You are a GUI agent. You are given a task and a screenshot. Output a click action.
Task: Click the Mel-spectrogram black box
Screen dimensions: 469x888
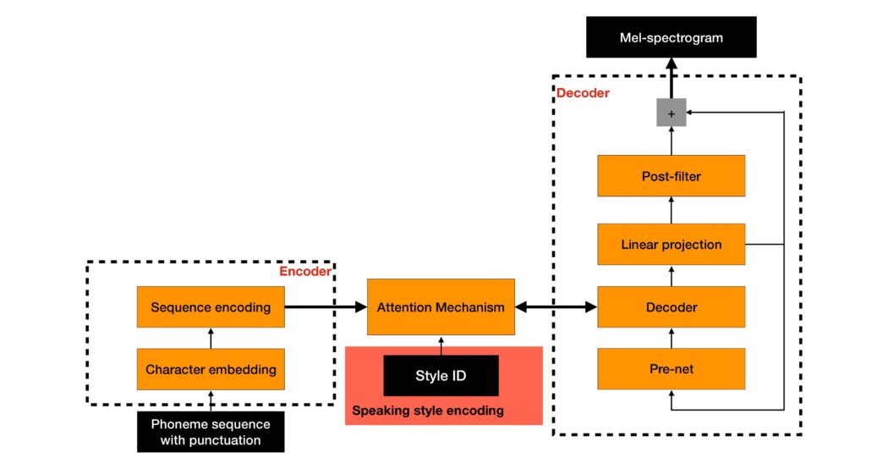click(671, 38)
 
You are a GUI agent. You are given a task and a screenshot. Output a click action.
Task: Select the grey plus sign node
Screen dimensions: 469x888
click(671, 113)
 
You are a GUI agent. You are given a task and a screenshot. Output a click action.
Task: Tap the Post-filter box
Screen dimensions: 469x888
click(671, 176)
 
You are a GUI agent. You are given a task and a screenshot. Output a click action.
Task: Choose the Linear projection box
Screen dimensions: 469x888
click(671, 245)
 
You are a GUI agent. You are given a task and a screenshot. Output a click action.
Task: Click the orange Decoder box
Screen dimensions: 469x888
click(671, 307)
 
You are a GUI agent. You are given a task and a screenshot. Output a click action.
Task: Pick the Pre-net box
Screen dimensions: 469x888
click(671, 370)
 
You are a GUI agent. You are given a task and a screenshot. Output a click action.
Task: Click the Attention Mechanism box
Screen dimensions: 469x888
click(441, 307)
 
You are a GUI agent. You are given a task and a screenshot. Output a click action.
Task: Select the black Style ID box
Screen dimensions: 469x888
click(441, 376)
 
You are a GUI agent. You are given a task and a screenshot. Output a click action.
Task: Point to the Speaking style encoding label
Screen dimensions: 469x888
click(428, 411)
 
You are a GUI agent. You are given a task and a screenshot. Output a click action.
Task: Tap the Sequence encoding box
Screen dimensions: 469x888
click(211, 307)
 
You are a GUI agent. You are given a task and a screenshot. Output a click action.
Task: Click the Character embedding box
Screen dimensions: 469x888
click(211, 369)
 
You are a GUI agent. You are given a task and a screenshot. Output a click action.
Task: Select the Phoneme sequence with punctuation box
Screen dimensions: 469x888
click(211, 431)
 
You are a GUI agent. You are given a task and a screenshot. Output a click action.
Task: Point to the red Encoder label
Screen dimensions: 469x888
click(304, 272)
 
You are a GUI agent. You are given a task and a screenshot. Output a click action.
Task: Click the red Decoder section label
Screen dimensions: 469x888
click(582, 93)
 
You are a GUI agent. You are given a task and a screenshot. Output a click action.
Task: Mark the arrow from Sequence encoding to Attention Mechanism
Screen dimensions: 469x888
click(326, 307)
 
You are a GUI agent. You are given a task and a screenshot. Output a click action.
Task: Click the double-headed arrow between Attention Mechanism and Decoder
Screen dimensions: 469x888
click(556, 307)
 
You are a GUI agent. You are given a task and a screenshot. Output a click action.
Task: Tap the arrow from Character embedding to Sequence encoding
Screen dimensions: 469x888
click(211, 338)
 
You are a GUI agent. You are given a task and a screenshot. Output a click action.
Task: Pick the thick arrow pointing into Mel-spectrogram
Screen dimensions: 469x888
click(671, 78)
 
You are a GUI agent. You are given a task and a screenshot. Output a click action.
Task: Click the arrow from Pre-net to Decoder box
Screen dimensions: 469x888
click(671, 339)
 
